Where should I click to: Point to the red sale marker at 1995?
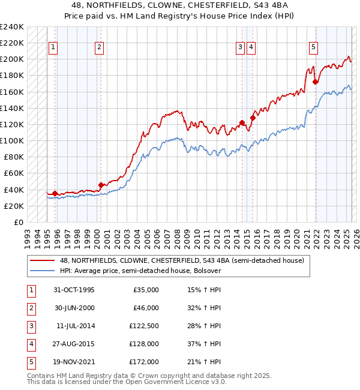click(x=55, y=193)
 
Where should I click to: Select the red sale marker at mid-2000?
click(x=101, y=184)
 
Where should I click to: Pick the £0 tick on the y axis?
click(x=18, y=222)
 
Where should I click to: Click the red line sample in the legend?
click(x=43, y=260)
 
